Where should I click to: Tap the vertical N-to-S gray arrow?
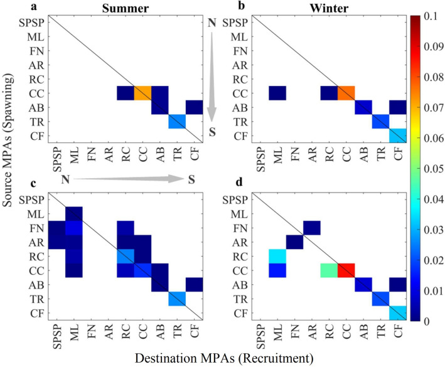212,75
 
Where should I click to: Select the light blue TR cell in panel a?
178,121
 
